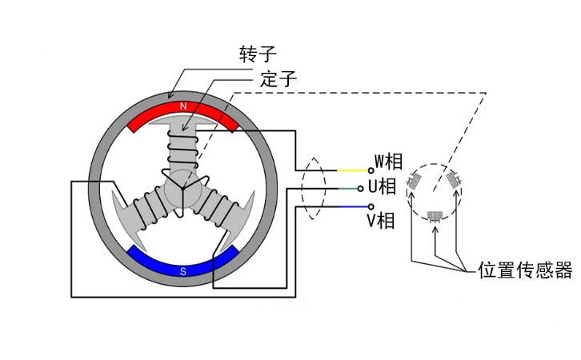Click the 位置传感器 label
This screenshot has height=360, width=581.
[525, 270]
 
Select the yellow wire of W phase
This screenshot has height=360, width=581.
[352, 170]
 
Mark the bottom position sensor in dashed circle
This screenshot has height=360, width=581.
[435, 215]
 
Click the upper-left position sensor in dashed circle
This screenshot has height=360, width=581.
[415, 181]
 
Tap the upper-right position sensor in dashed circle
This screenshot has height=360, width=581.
[453, 179]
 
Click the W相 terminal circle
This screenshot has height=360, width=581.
[371, 170]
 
